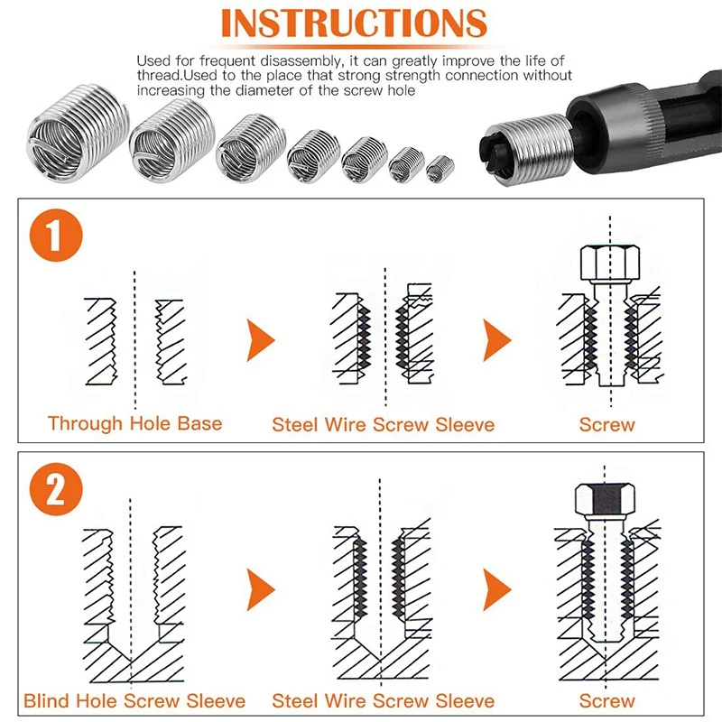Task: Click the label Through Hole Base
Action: tap(134, 423)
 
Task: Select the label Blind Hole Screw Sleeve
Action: tap(134, 700)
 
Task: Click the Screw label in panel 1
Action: tap(606, 423)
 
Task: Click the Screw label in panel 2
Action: tap(606, 700)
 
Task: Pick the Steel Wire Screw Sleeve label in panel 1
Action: tap(383, 423)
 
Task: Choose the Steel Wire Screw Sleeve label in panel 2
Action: tap(383, 700)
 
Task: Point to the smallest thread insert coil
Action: tap(439, 167)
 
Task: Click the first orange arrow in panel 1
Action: tap(260, 341)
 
